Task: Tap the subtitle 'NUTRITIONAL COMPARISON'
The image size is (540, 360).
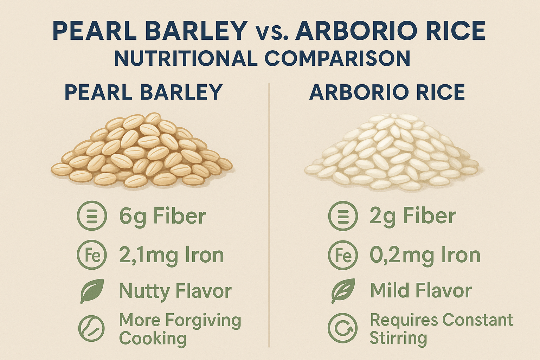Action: (262, 58)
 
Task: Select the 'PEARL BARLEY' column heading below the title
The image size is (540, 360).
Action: (143, 92)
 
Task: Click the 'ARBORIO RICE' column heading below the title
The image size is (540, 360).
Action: (387, 92)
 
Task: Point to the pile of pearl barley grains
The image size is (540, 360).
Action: (142, 151)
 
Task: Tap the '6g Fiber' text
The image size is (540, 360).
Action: (162, 216)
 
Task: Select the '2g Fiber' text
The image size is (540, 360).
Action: (412, 216)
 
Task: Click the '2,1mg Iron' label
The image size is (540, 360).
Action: (171, 255)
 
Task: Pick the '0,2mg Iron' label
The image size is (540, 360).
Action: (425, 255)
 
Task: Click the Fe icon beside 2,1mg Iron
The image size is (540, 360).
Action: (92, 255)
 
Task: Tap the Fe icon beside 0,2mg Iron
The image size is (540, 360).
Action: (343, 255)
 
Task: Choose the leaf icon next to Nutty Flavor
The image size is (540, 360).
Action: (92, 291)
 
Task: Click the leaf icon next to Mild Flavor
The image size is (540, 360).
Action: (343, 291)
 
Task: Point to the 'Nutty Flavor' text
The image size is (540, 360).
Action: (175, 291)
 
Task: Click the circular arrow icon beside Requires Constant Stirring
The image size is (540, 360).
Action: (342, 328)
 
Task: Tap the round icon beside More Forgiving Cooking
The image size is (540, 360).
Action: (91, 328)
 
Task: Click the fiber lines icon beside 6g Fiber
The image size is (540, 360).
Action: (92, 216)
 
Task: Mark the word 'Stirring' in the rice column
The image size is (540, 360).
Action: (398, 338)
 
